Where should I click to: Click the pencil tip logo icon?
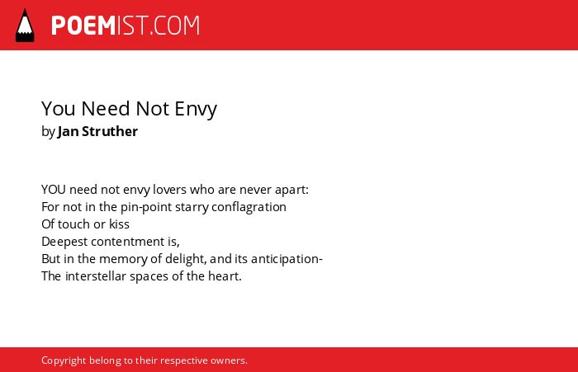coord(25,26)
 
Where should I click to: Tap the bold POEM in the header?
coord(83,26)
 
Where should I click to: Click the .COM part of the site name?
coord(175,26)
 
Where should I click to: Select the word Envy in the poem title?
coord(196,109)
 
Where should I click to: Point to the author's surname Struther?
coord(110,131)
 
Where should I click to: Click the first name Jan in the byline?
coord(68,131)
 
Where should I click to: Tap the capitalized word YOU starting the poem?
coord(54,190)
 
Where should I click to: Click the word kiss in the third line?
coord(119,224)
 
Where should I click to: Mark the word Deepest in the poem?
coord(64,242)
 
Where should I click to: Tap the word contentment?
coord(128,242)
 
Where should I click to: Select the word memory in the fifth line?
coord(123,259)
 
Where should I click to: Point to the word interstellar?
coord(96,276)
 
